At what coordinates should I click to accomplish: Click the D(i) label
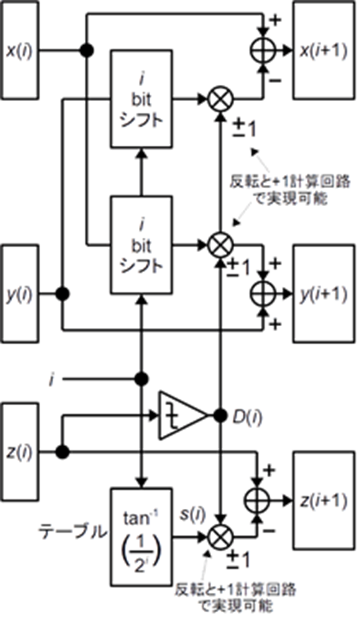247,417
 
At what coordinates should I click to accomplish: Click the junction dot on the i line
142,379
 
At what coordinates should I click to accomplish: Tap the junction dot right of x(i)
87,50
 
